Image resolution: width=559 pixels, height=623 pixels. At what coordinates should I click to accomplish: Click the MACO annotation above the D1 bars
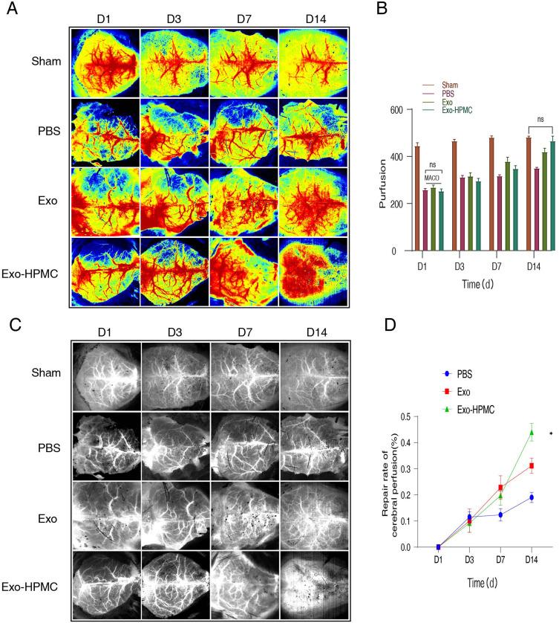coord(434,178)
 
